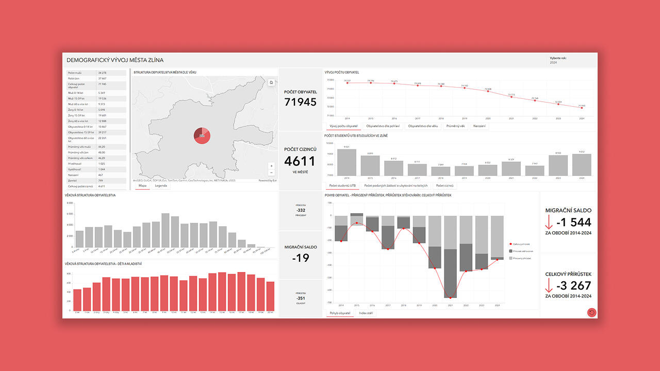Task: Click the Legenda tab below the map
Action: [161, 185]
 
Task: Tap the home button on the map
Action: [271, 82]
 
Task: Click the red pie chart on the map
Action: [202, 136]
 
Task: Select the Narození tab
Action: [479, 126]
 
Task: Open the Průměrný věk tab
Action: [455, 126]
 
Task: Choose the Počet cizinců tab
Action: [444, 185]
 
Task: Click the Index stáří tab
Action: [367, 313]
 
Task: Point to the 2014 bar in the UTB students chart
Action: [346, 162]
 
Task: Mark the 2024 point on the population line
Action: [582, 107]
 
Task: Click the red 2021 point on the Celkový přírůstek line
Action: [450, 298]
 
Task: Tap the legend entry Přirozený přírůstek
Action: [521, 258]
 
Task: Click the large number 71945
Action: [301, 102]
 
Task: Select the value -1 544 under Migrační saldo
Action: [573, 223]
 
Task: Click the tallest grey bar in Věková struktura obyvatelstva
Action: [166, 230]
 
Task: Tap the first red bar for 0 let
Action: [77, 300]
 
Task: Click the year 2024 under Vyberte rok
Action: [553, 62]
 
